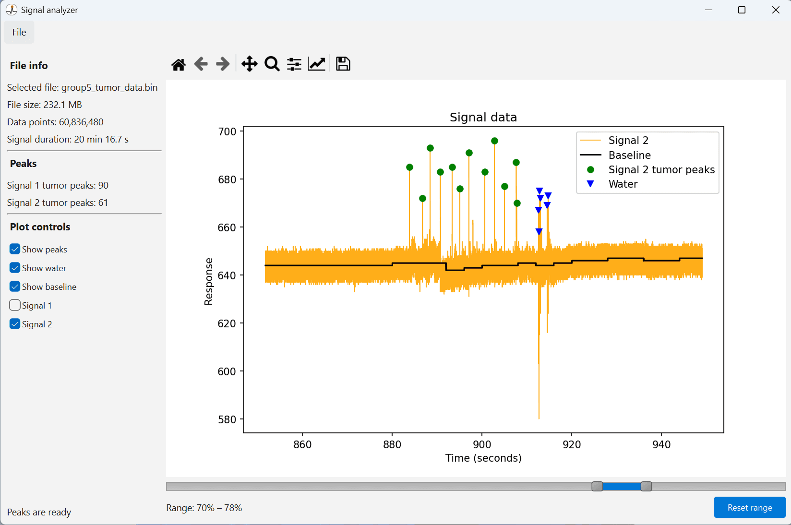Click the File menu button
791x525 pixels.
tap(19, 32)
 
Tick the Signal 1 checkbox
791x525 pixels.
tap(15, 305)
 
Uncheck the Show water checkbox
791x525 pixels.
tap(15, 268)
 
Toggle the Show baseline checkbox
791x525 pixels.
tap(15, 286)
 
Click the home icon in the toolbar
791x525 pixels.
tap(179, 64)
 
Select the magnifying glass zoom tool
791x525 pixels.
tap(272, 64)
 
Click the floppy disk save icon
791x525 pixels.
tap(343, 64)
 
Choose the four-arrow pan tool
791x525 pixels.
tap(249, 64)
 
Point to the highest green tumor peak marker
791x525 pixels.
tap(494, 141)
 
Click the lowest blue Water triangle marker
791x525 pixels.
tap(539, 232)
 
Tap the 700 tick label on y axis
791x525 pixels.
tap(227, 131)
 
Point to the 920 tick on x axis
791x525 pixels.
tap(572, 444)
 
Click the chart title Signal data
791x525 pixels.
tap(483, 117)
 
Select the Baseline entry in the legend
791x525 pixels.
tap(629, 155)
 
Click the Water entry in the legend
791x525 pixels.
tap(623, 184)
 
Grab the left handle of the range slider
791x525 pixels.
tap(597, 486)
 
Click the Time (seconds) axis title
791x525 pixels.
tap(483, 458)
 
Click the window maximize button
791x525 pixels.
tap(742, 10)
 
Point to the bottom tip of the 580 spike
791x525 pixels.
tap(539, 418)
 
